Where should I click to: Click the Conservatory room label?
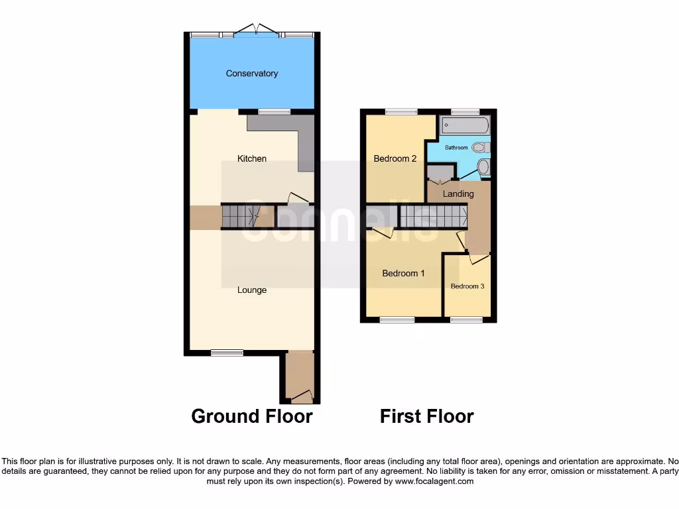(x=252, y=74)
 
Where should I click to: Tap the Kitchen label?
(x=252, y=158)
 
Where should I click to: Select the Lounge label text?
(x=252, y=290)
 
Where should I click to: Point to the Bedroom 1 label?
(x=404, y=273)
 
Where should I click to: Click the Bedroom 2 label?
(x=395, y=158)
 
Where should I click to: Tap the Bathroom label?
(x=456, y=147)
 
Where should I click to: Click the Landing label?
(x=458, y=194)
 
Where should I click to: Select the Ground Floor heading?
(x=252, y=416)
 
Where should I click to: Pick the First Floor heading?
(x=426, y=416)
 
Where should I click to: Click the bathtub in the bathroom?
(x=465, y=125)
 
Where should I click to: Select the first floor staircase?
(x=432, y=215)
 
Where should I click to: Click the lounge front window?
(x=227, y=353)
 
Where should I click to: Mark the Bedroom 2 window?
(x=401, y=111)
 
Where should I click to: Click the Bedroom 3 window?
(x=467, y=320)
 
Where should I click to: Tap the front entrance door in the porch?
(x=302, y=396)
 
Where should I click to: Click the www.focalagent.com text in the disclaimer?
(x=434, y=481)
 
